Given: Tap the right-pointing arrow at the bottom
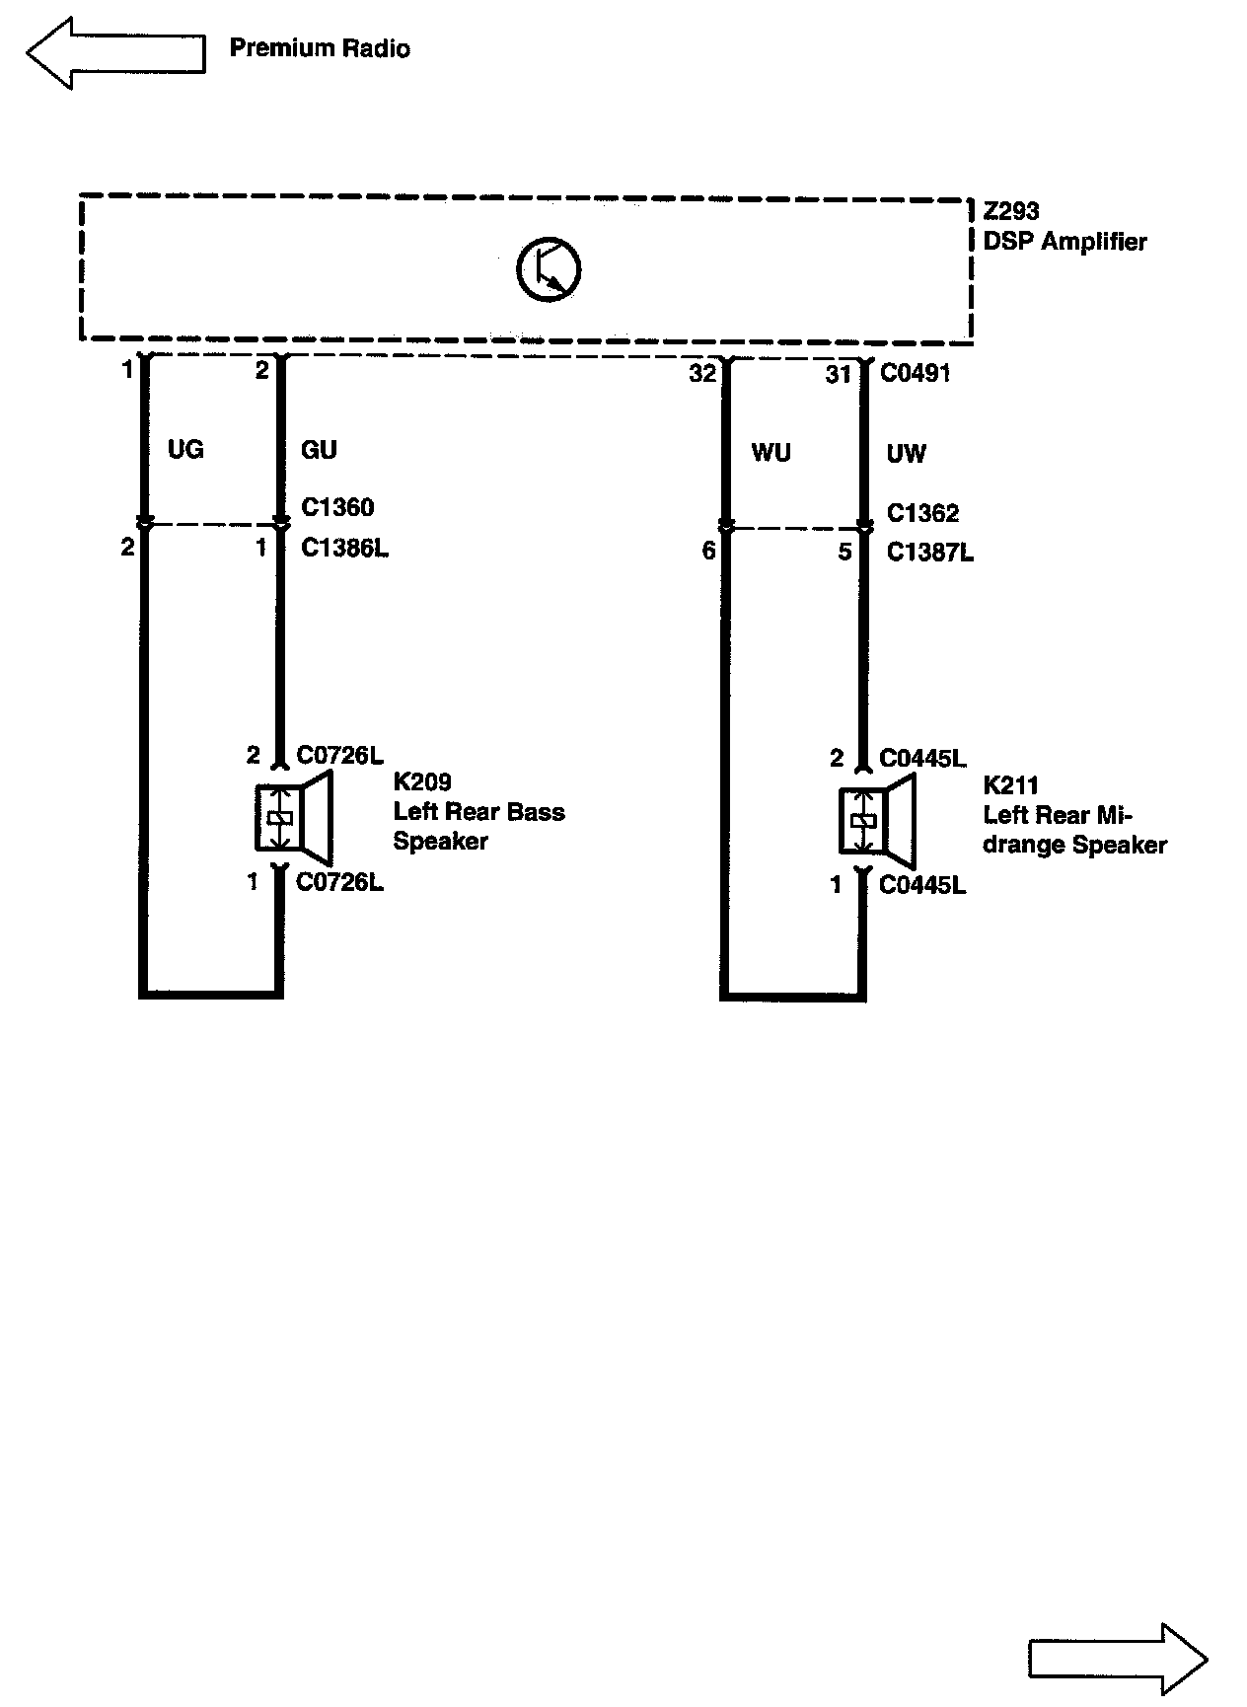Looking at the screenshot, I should [x=1118, y=1660].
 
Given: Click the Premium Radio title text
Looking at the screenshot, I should [x=320, y=48].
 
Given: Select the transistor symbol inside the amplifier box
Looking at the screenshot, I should [x=549, y=268].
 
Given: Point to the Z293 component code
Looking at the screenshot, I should [x=1011, y=212].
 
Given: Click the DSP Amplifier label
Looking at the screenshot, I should [x=1064, y=242].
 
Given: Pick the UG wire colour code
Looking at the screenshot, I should [x=185, y=450].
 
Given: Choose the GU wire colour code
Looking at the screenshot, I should [x=319, y=450].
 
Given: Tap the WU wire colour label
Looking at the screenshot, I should [x=770, y=453].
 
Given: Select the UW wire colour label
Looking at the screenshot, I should [x=906, y=453].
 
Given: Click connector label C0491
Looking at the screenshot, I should [x=915, y=373].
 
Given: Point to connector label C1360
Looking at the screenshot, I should [x=337, y=507].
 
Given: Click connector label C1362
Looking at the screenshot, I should [x=922, y=513].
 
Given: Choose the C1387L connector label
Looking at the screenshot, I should [x=929, y=553].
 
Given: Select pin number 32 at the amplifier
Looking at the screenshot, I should [x=702, y=375].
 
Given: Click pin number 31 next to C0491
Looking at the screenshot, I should [x=839, y=375].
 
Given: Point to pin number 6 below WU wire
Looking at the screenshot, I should [x=708, y=552].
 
